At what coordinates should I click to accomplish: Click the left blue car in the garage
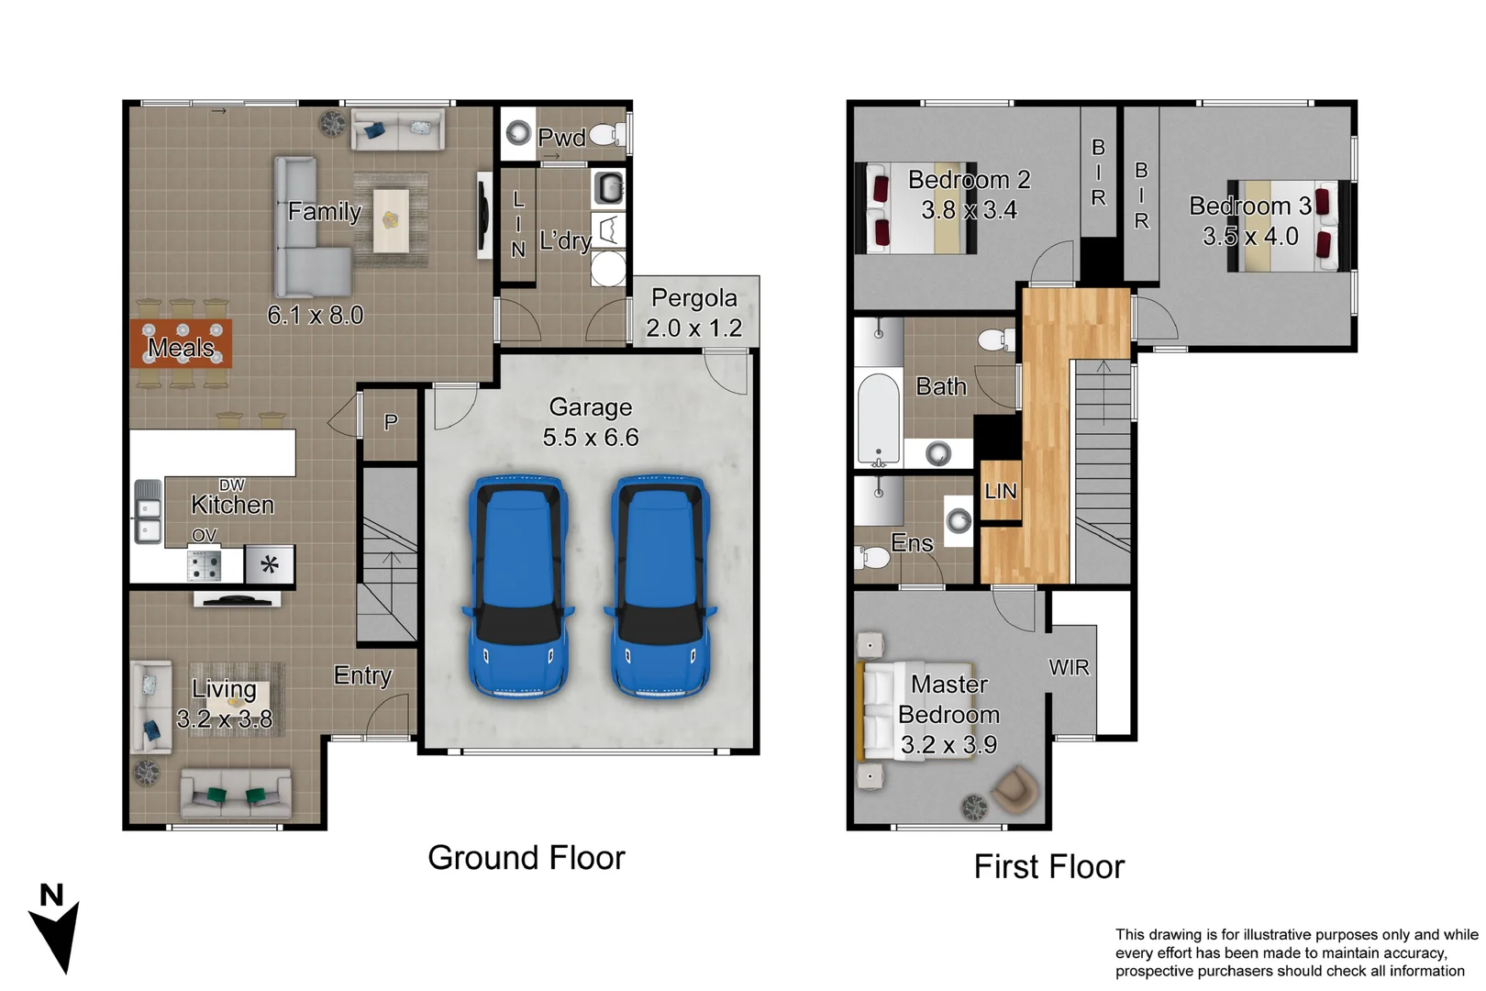(x=518, y=587)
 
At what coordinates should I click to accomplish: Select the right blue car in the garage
(x=660, y=587)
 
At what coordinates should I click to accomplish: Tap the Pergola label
(x=694, y=298)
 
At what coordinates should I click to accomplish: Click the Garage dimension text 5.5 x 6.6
(x=591, y=438)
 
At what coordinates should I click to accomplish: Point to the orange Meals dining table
(x=181, y=344)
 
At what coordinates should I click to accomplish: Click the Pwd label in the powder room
(x=561, y=138)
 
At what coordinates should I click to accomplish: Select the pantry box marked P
(x=391, y=422)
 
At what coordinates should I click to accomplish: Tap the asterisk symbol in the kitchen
(x=270, y=564)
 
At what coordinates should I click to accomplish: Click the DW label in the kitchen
(x=232, y=484)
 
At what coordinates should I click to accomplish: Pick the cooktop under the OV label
(x=204, y=565)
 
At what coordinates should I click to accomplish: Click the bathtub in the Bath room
(x=879, y=418)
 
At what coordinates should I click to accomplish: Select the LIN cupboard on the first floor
(x=1000, y=492)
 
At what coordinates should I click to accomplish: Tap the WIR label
(x=1070, y=667)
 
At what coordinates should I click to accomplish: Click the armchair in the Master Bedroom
(x=1015, y=789)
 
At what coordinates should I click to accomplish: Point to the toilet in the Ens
(x=874, y=557)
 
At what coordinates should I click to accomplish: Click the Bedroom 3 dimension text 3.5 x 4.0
(x=1250, y=237)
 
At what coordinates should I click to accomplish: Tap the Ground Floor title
(x=526, y=858)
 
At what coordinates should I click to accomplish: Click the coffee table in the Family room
(x=392, y=220)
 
